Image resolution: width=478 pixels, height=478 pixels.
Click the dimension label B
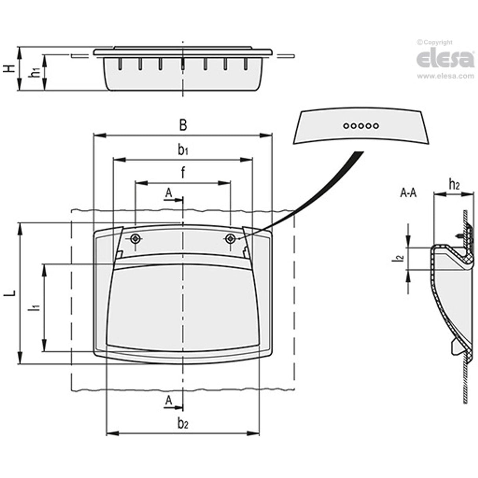[182, 126]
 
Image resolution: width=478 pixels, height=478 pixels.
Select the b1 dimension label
[182, 150]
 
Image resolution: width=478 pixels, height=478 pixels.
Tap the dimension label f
[183, 173]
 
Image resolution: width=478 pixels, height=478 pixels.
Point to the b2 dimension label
[183, 424]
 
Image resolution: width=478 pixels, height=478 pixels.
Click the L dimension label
[13, 293]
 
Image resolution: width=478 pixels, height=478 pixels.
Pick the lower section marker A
[169, 400]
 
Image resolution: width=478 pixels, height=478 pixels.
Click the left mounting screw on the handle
[136, 238]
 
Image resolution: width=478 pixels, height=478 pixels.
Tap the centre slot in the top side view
[182, 64]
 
